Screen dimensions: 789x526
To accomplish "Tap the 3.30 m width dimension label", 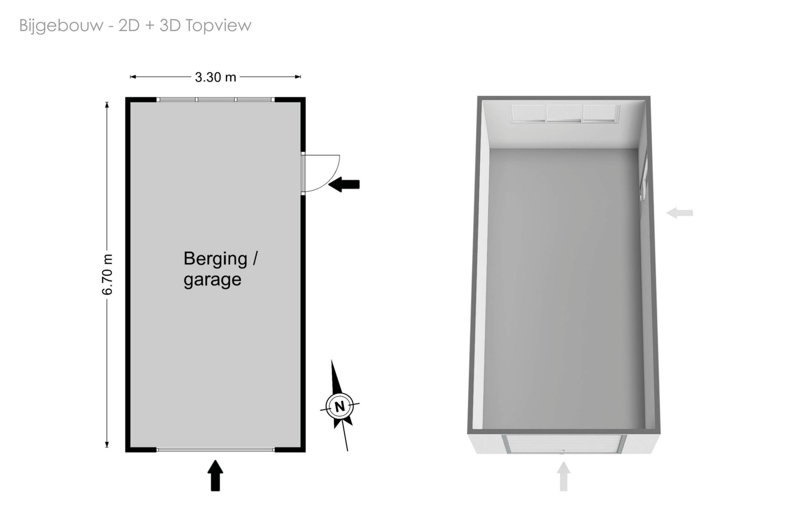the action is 216,77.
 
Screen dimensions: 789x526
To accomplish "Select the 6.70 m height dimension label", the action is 107,274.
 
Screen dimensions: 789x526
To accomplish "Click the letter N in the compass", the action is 340,406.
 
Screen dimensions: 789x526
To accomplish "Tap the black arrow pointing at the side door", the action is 344,184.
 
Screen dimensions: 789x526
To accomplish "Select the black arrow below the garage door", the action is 216,475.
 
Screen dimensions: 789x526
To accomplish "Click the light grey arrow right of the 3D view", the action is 679,213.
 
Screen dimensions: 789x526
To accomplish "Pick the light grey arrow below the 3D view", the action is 563,476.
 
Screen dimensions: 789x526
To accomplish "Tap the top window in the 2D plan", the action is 216,99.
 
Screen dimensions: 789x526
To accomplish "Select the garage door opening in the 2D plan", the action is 216,449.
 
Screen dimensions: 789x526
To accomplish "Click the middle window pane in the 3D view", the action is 564,113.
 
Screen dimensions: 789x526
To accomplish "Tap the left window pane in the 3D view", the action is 529,113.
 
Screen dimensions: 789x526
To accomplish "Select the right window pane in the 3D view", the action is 601,113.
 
